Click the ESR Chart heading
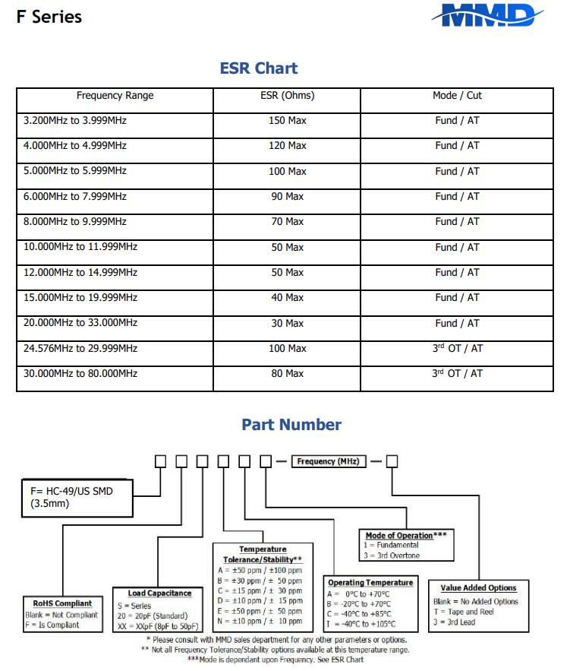pyautogui.click(x=259, y=68)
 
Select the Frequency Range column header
pyautogui.click(x=115, y=96)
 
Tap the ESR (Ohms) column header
pyautogui.click(x=287, y=96)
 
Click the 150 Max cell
pyautogui.click(x=287, y=121)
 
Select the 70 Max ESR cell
pyautogui.click(x=287, y=222)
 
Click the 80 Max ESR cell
pyautogui.click(x=287, y=373)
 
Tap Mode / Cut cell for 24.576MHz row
pyautogui.click(x=457, y=348)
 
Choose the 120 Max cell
pyautogui.click(x=287, y=146)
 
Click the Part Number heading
pyautogui.click(x=291, y=425)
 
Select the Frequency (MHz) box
pyautogui.click(x=328, y=461)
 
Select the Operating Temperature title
pyautogui.click(x=370, y=583)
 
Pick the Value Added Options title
pyautogui.click(x=478, y=587)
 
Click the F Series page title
pyautogui.click(x=49, y=17)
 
